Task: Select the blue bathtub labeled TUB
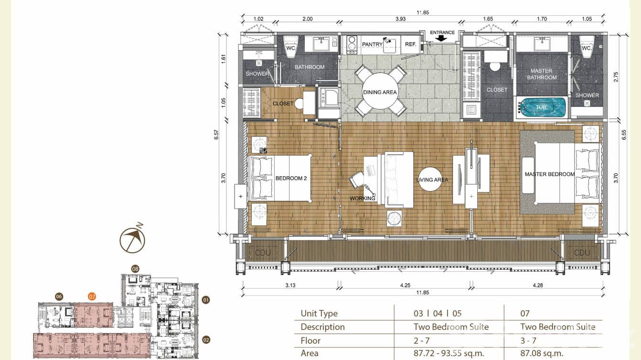pyautogui.click(x=541, y=107)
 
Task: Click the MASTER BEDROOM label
pyautogui.click(x=550, y=174)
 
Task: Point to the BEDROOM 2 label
pyautogui.click(x=291, y=179)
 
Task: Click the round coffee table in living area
pyautogui.click(x=432, y=180)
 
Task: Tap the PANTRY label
pyautogui.click(x=372, y=44)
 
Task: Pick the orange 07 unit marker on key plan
pyautogui.click(x=92, y=296)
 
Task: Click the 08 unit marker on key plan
pyautogui.click(x=135, y=269)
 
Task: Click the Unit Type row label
pyautogui.click(x=319, y=314)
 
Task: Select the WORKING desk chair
pyautogui.click(x=357, y=180)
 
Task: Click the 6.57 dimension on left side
pyautogui.click(x=216, y=135)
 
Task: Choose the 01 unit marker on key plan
pyautogui.click(x=206, y=300)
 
